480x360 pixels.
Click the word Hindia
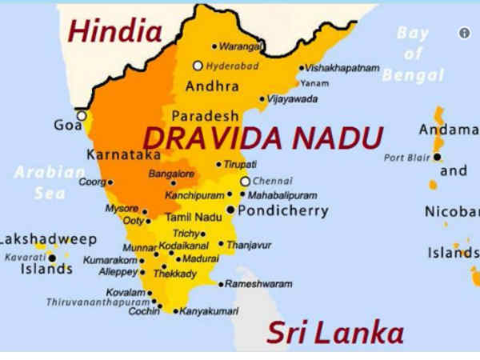click(x=115, y=32)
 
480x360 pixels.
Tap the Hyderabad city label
click(x=232, y=66)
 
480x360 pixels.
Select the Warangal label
click(x=241, y=46)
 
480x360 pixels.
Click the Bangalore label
click(x=171, y=174)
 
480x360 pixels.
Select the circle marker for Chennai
click(x=246, y=182)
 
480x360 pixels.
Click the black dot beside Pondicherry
click(x=231, y=210)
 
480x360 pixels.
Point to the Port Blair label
click(x=406, y=158)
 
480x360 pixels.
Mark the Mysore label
click(x=122, y=208)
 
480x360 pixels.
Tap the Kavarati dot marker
click(x=52, y=258)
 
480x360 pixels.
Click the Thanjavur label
click(x=250, y=245)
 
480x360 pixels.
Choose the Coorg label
click(x=90, y=182)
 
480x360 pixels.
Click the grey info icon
click(x=464, y=33)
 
